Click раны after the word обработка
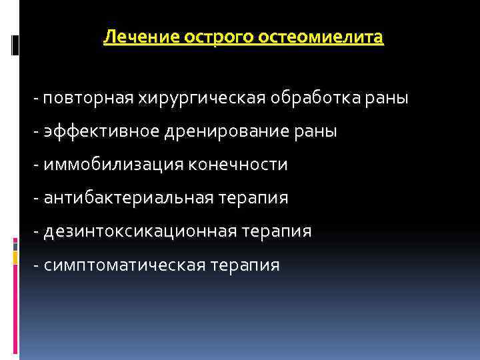pyautogui.click(x=386, y=99)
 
